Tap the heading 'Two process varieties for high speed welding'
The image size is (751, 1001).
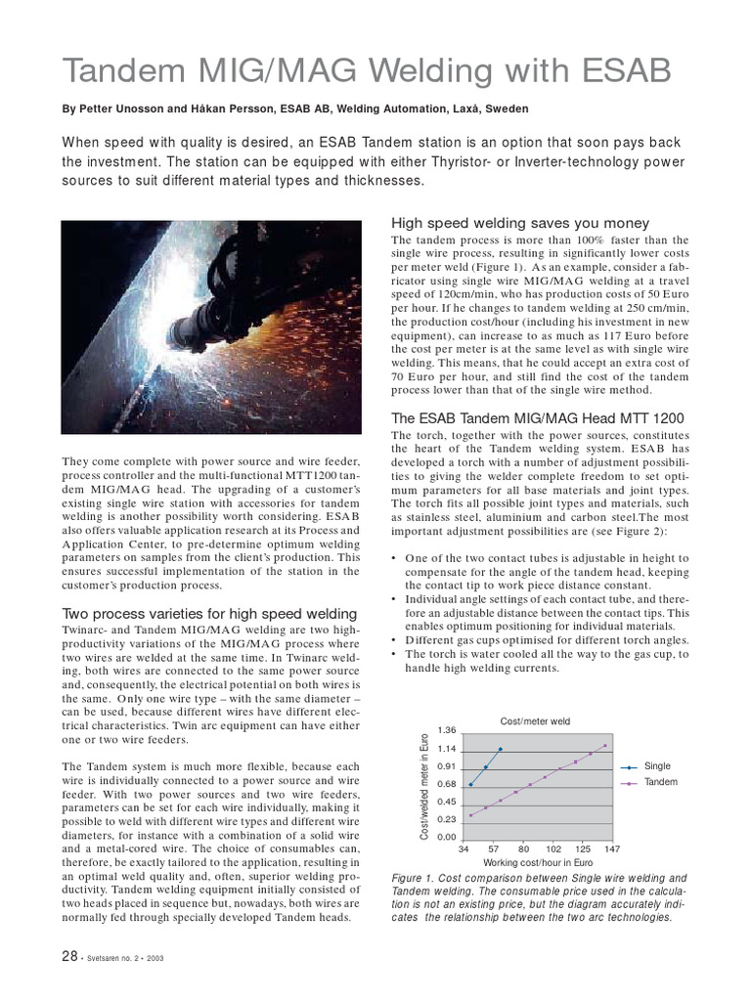[209, 613]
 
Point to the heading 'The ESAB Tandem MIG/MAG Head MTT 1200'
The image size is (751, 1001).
[537, 418]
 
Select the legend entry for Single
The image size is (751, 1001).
[657, 766]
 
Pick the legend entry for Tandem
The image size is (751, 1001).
[661, 783]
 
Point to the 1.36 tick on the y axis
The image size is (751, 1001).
[447, 731]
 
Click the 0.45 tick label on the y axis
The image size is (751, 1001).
[447, 802]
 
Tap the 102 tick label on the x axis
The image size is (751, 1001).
[552, 849]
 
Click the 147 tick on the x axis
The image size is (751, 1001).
[612, 849]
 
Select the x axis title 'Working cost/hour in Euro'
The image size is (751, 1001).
[538, 864]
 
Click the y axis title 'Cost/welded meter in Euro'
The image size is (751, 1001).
[424, 784]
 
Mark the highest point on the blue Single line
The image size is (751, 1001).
[501, 750]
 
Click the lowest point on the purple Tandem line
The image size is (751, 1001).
[470, 815]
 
